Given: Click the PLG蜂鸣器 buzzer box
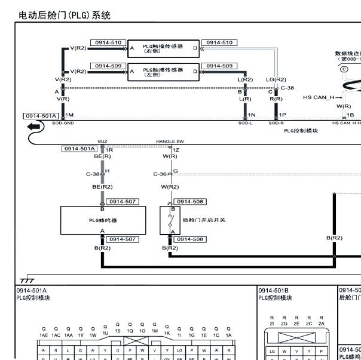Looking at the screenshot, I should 102,220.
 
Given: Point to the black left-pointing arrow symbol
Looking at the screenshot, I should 35,127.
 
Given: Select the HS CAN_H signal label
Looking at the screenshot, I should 319,97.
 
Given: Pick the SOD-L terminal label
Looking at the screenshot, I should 245,122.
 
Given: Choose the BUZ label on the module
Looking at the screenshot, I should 102,142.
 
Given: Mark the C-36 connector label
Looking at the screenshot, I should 160,174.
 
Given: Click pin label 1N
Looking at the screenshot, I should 252,115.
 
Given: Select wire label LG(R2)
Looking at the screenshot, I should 276,79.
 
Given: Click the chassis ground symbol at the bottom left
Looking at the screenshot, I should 27,280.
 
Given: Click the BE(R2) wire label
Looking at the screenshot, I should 102,187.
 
